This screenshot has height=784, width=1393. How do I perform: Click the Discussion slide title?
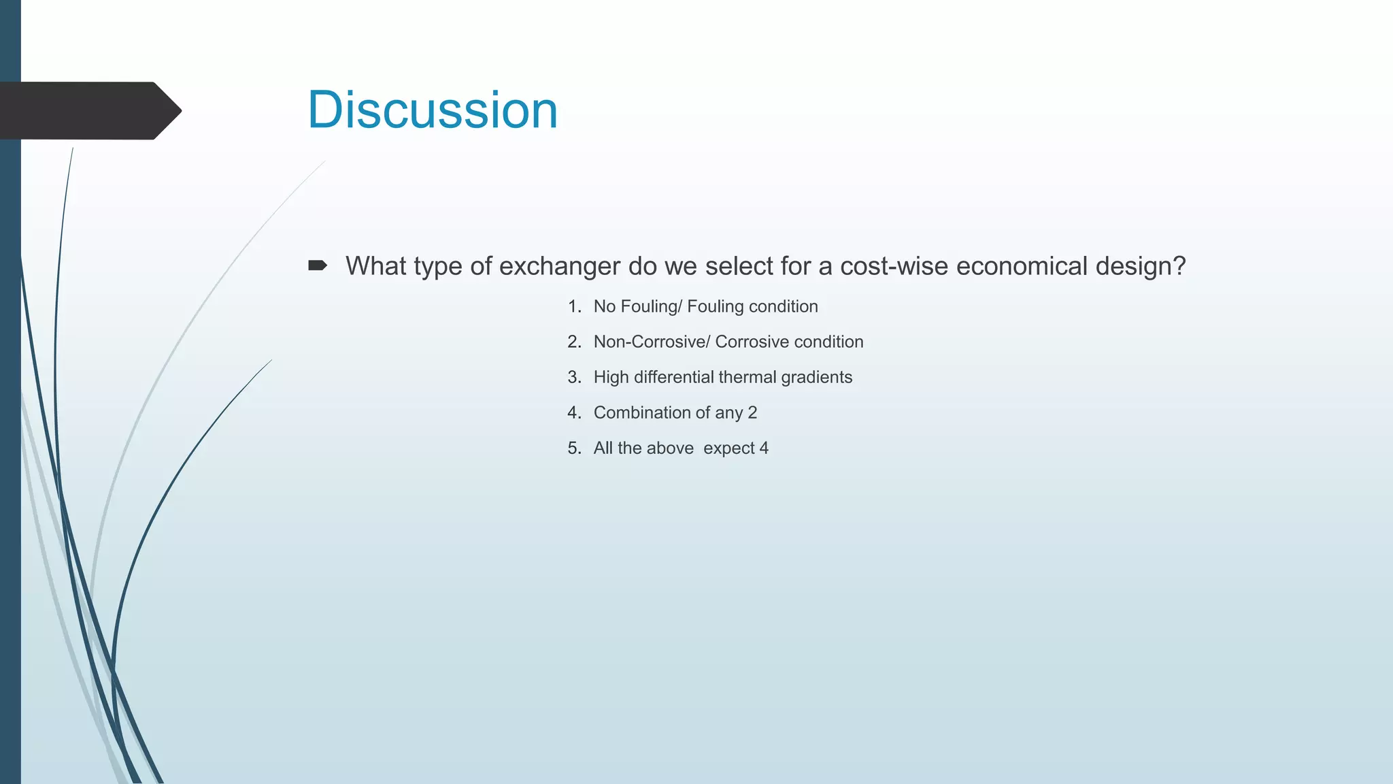[433, 110]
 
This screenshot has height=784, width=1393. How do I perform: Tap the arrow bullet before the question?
[318, 265]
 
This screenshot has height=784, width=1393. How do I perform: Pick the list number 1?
[574, 307]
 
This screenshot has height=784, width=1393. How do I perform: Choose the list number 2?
[574, 342]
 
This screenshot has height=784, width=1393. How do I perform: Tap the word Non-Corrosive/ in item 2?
[651, 342]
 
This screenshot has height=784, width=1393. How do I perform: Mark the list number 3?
[574, 378]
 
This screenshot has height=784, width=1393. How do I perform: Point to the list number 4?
[574, 413]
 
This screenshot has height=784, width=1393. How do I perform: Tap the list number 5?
[574, 448]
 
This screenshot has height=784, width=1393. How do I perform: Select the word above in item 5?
[671, 448]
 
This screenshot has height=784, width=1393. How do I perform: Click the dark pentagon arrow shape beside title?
[88, 110]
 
